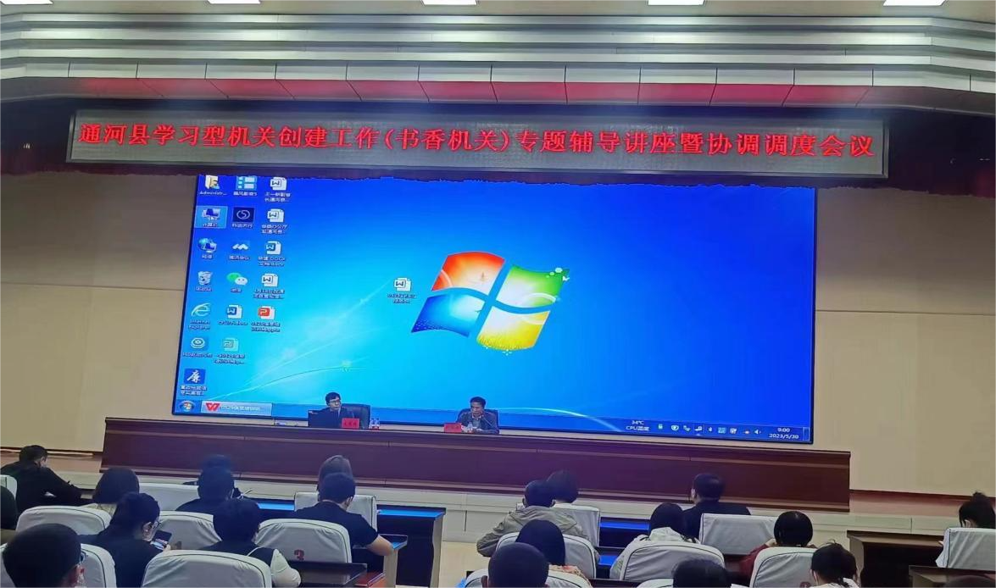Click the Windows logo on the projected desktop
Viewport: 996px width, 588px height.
click(x=489, y=300)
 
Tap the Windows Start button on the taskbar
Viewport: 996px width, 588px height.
click(x=186, y=406)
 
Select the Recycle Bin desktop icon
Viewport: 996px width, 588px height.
click(x=204, y=279)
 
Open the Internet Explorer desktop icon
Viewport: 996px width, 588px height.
click(x=201, y=311)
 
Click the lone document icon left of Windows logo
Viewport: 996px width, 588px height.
click(x=402, y=285)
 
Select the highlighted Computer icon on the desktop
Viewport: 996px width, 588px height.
click(x=209, y=216)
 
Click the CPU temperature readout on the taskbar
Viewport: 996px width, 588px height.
click(x=637, y=425)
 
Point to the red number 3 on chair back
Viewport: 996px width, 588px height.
click(x=298, y=555)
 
